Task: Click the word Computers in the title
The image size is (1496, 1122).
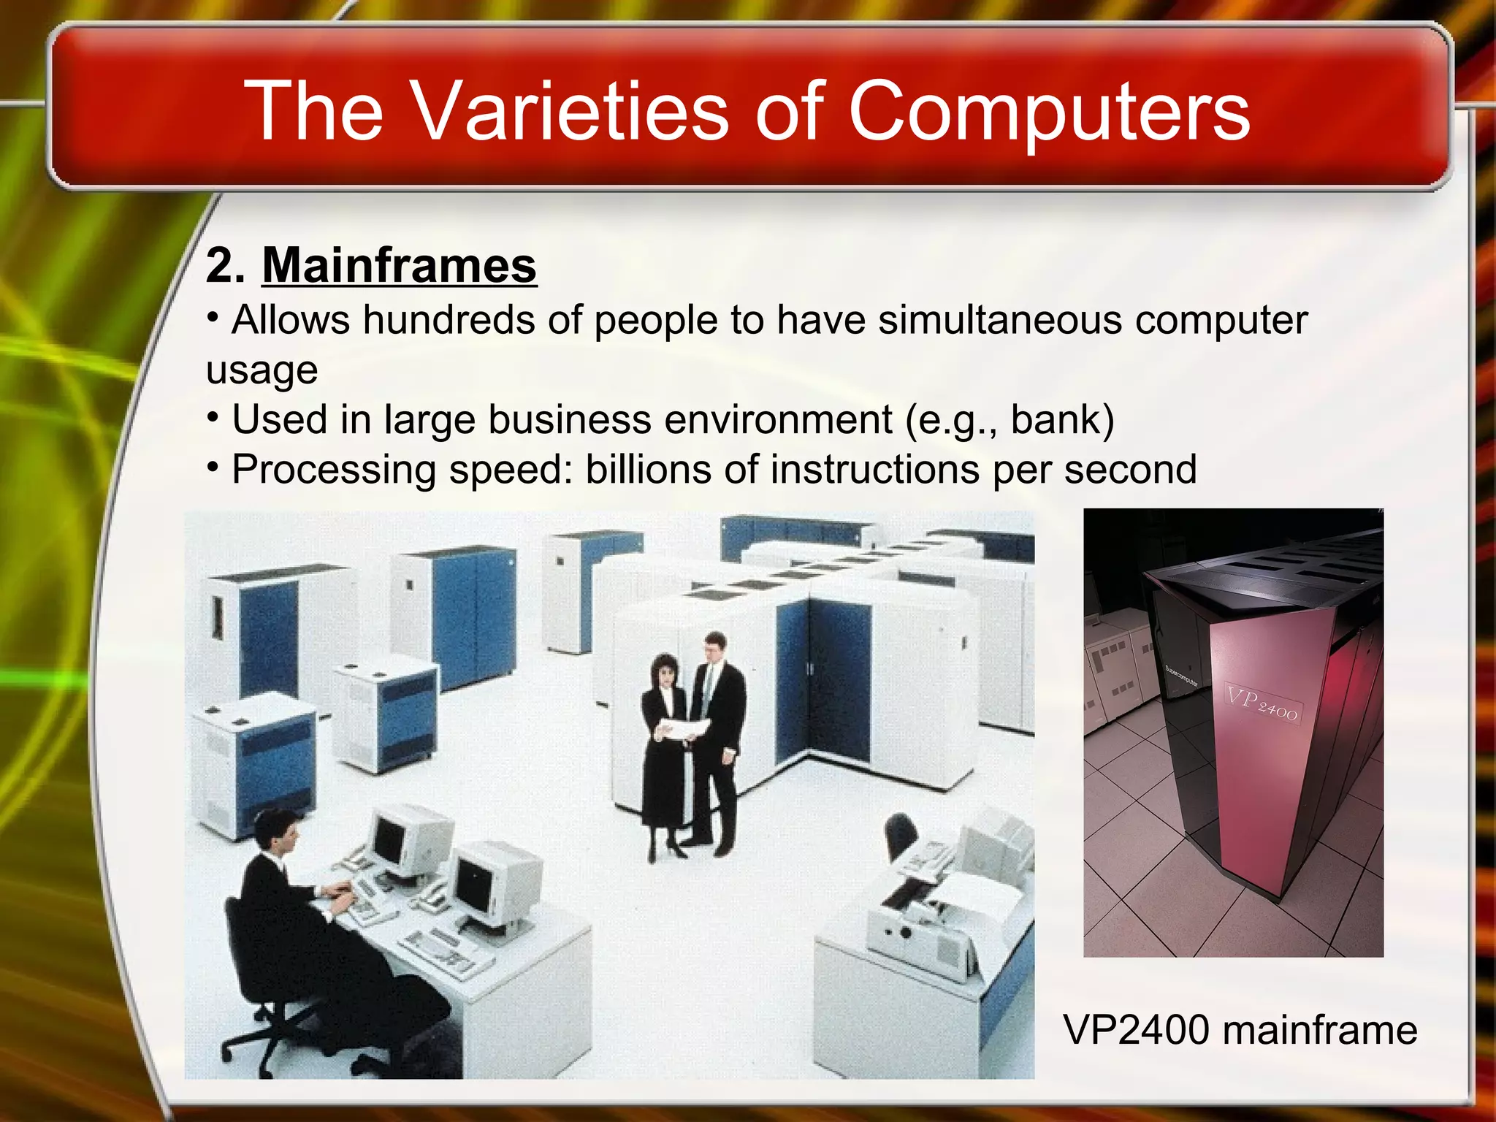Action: (1049, 111)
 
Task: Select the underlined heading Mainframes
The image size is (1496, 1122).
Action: (400, 265)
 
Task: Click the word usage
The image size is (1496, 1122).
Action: (262, 370)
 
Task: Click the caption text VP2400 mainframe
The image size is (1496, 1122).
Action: (1240, 1030)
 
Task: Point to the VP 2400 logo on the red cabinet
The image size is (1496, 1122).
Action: (1262, 703)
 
